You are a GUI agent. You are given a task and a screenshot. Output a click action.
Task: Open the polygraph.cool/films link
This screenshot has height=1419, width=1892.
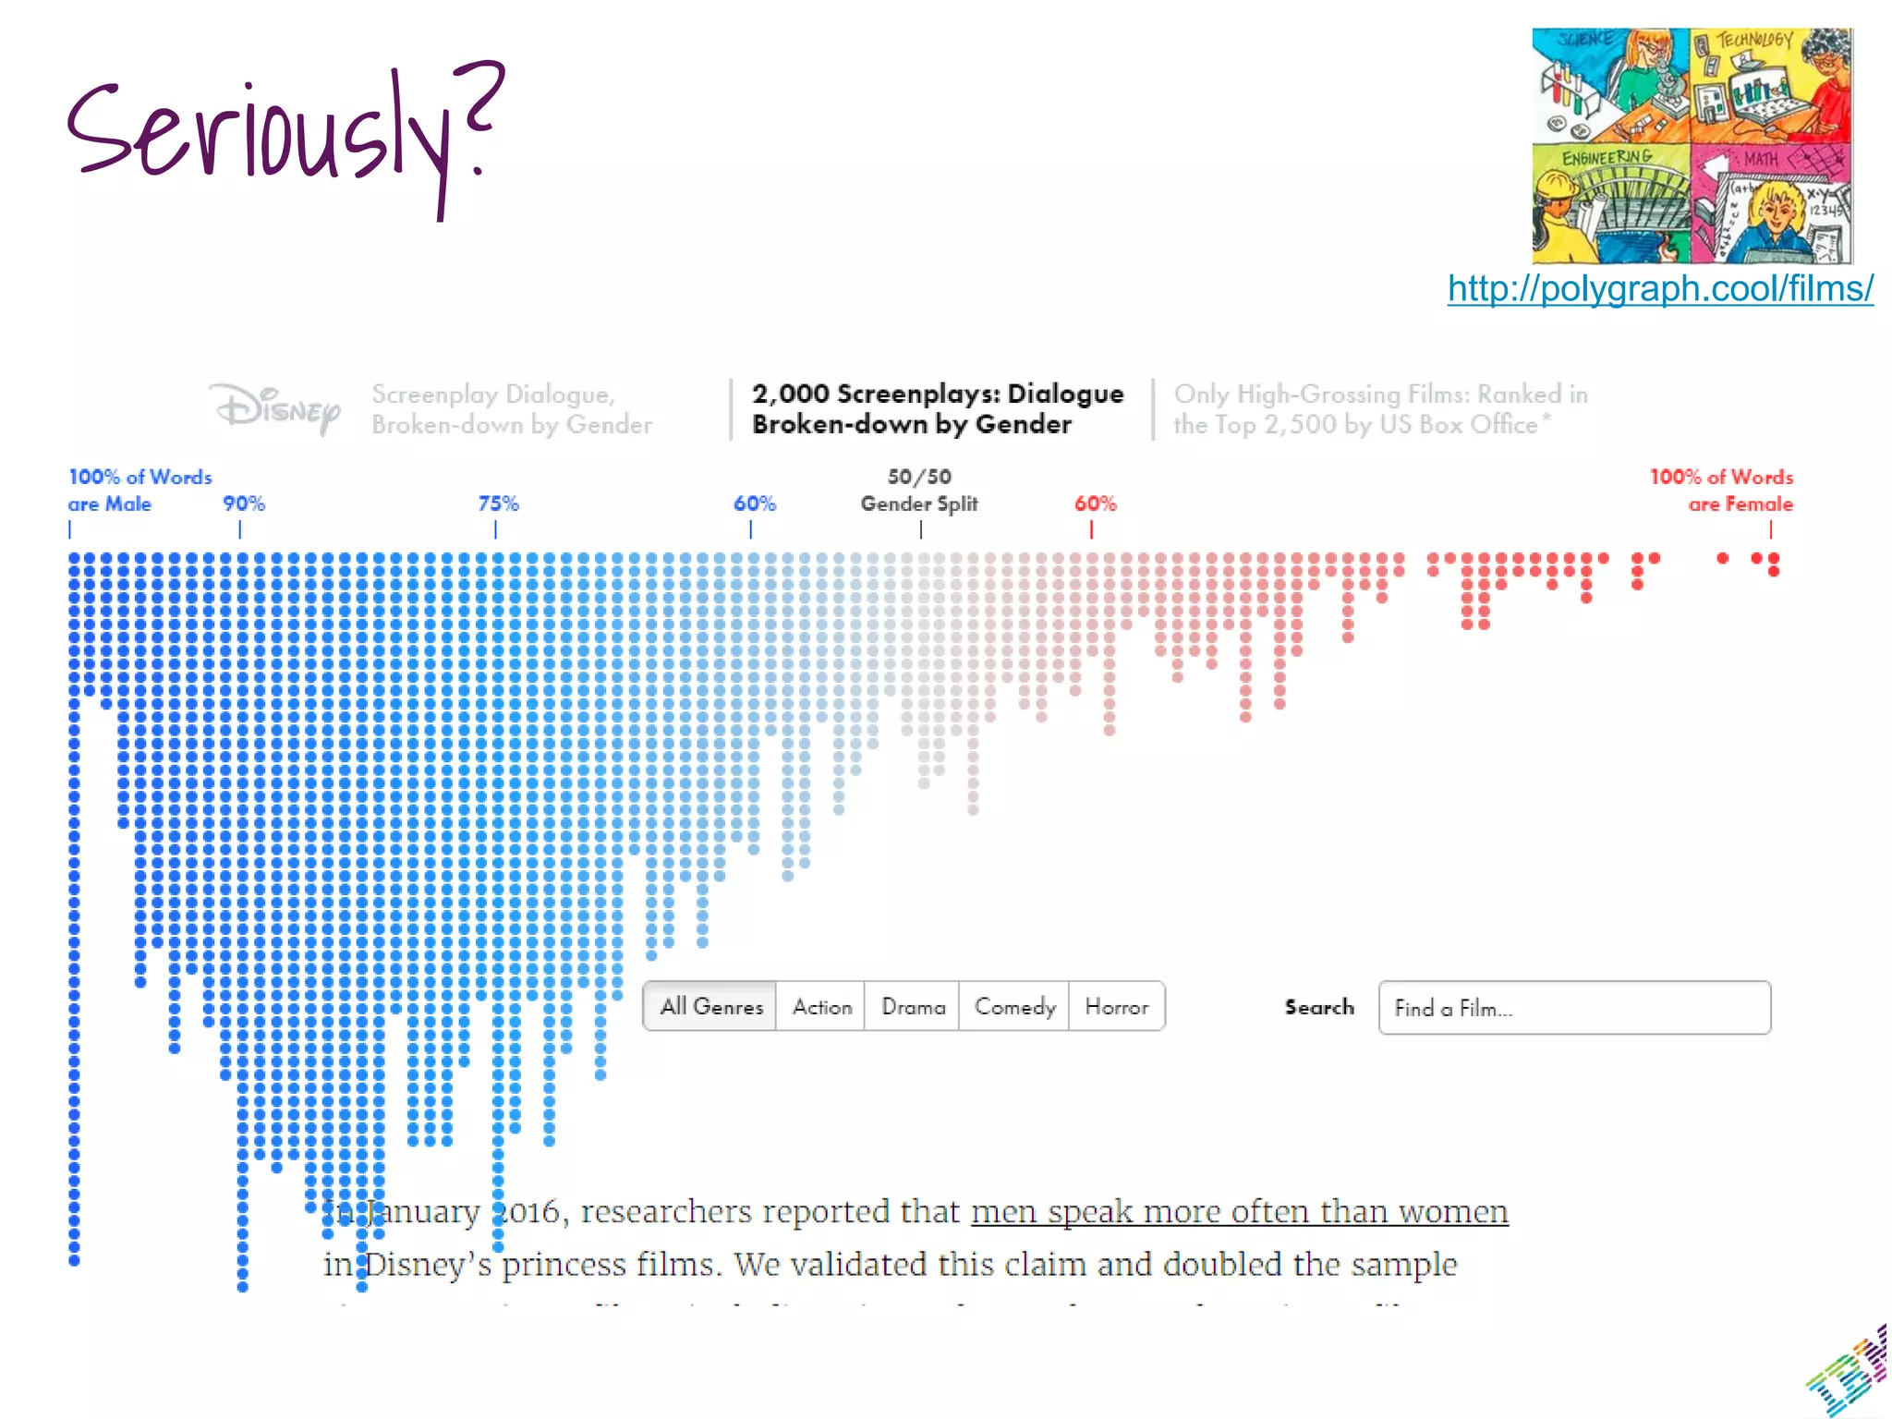[x=1659, y=289]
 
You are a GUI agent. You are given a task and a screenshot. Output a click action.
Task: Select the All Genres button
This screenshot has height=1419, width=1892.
[x=710, y=1006]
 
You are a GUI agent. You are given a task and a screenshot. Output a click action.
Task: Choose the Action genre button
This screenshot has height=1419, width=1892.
[x=821, y=1006]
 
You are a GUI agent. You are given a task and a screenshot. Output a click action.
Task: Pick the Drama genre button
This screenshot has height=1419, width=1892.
[x=913, y=1006]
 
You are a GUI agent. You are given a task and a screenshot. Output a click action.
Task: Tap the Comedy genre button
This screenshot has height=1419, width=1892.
[x=1014, y=1006]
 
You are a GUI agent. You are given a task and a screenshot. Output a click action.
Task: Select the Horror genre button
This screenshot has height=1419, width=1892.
[x=1116, y=1006]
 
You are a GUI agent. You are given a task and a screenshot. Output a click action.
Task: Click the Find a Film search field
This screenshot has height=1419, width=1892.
[x=1573, y=1008]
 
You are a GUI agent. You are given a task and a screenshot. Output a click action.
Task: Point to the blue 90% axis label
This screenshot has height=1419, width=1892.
[x=243, y=503]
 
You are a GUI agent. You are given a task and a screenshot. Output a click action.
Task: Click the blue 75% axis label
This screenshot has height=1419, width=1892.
[x=498, y=503]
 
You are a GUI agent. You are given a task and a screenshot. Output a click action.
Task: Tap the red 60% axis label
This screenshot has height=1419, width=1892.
[x=1095, y=503]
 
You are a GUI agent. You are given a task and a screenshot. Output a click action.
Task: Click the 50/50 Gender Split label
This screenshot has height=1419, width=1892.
[x=919, y=491]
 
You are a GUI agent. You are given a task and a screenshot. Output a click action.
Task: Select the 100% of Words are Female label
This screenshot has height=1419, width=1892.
[x=1721, y=491]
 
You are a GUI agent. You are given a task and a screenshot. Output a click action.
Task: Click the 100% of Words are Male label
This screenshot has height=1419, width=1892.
[x=139, y=491]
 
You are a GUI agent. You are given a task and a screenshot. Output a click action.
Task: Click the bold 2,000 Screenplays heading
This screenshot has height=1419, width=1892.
[x=937, y=408]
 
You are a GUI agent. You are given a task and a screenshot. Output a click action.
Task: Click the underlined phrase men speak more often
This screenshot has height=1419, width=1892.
[x=1239, y=1211]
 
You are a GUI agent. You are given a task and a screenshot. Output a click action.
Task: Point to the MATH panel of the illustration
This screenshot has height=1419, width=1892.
[x=1769, y=203]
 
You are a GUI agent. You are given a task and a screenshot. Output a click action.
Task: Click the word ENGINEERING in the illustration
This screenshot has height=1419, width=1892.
[x=1607, y=158]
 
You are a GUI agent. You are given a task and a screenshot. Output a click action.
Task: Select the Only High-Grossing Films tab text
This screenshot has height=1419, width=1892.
[x=1380, y=408]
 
